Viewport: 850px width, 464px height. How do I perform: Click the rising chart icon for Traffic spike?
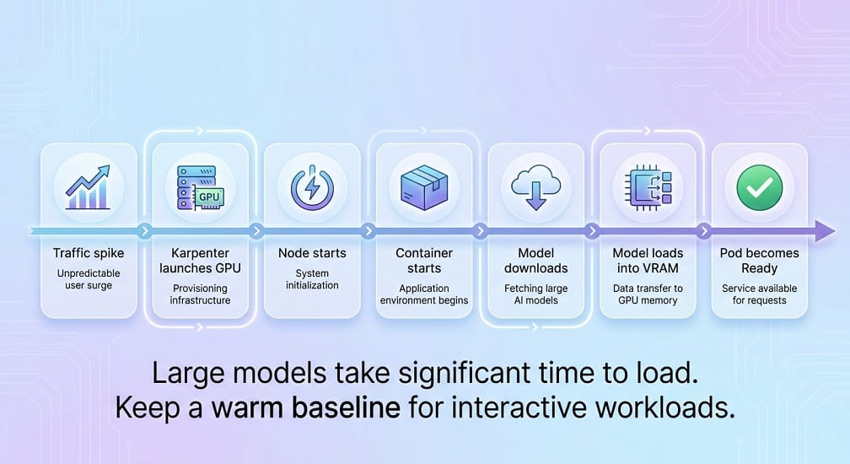(x=89, y=187)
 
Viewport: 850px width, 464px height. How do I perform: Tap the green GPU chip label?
(x=209, y=197)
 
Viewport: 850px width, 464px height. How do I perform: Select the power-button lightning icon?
(x=312, y=187)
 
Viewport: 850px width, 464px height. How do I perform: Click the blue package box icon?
(x=424, y=187)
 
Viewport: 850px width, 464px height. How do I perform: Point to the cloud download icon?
(x=535, y=187)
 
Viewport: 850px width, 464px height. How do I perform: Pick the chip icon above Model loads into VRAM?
(x=648, y=187)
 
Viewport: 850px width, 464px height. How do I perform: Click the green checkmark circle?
(x=760, y=187)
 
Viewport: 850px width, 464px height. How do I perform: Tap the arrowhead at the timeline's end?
(x=825, y=231)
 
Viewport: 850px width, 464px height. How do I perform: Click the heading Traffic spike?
(x=89, y=253)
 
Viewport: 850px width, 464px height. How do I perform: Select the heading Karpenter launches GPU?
(x=200, y=261)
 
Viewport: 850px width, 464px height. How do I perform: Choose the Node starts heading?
(x=312, y=253)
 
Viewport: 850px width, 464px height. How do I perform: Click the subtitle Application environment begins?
(x=424, y=294)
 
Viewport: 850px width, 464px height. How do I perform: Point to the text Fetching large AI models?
(x=535, y=294)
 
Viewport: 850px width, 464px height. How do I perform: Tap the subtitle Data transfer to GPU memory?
(x=648, y=294)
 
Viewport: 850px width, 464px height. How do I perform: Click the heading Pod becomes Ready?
(x=760, y=261)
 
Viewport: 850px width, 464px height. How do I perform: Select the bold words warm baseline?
(x=306, y=407)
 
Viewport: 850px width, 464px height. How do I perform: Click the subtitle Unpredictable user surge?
(x=89, y=279)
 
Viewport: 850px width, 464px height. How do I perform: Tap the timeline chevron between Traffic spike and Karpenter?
(x=144, y=231)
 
